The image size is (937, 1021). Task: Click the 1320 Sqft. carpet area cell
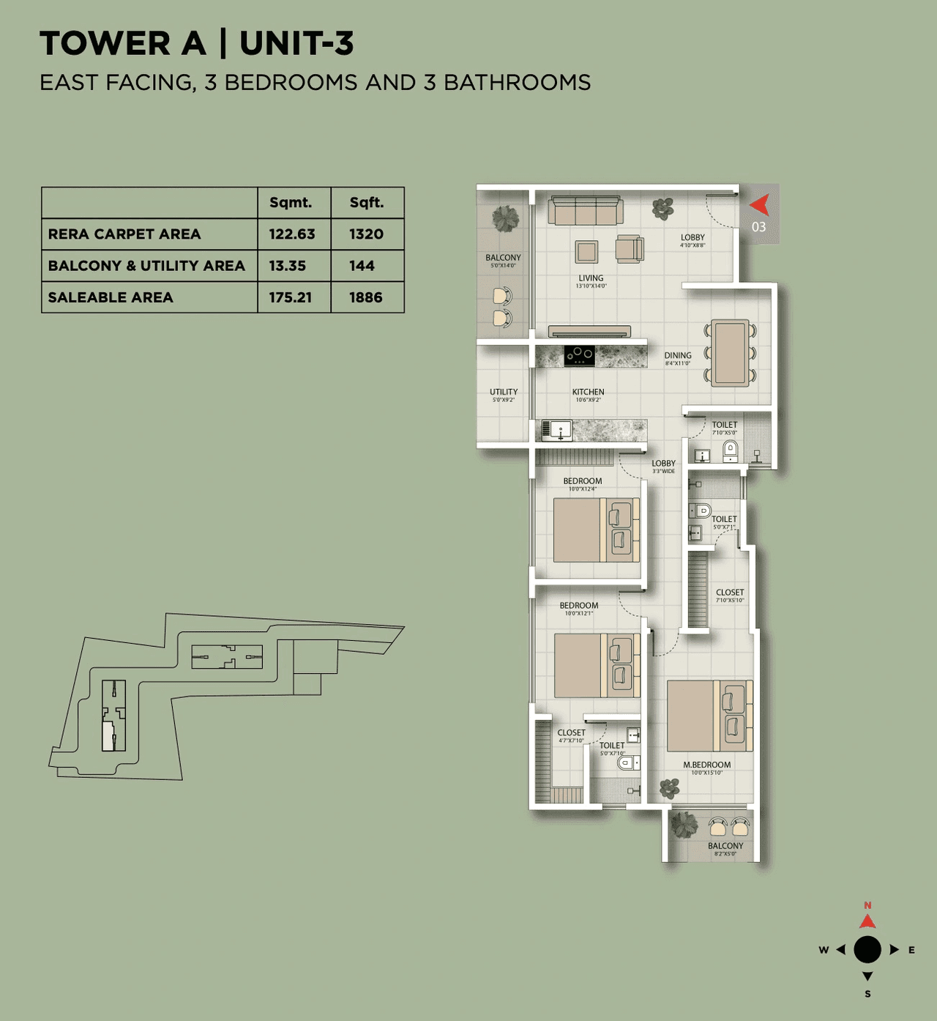(366, 234)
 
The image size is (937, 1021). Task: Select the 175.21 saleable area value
(291, 297)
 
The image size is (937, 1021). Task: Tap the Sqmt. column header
(291, 203)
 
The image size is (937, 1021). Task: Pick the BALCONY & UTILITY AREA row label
(146, 266)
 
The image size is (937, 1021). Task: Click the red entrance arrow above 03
(759, 204)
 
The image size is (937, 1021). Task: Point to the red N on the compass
(867, 906)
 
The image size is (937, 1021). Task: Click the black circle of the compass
(867, 949)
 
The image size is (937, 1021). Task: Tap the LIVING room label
(591, 278)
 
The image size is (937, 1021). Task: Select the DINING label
(678, 355)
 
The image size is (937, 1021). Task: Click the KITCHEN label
(589, 392)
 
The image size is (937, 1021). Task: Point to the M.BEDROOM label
(707, 765)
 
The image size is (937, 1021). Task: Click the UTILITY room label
(504, 392)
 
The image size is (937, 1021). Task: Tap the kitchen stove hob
(579, 356)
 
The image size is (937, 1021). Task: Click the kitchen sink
(557, 430)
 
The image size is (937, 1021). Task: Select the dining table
(731, 353)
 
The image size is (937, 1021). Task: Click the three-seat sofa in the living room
(586, 210)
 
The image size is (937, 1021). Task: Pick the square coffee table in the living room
(586, 251)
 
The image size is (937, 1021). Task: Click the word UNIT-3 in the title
(296, 43)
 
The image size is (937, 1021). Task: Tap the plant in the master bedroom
(669, 788)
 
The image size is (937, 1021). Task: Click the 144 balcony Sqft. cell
(362, 266)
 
